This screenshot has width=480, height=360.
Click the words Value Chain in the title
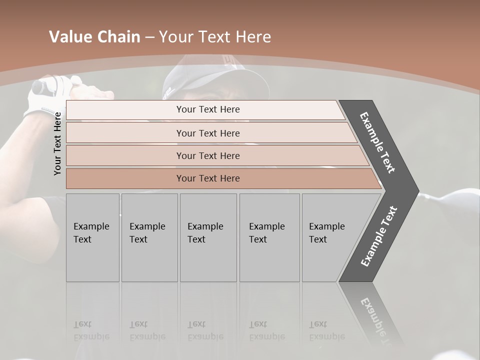(x=94, y=37)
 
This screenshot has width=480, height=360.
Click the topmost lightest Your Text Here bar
(x=207, y=109)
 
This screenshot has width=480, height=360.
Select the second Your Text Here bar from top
(x=207, y=133)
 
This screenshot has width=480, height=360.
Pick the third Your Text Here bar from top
(x=207, y=155)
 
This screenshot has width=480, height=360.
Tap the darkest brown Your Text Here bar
(x=207, y=178)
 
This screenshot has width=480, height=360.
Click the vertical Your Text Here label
(x=57, y=143)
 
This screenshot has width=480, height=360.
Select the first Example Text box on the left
(x=92, y=237)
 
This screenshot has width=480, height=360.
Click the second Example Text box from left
(x=149, y=237)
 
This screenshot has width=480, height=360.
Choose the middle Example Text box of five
(x=208, y=237)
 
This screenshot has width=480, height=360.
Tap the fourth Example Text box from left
(x=269, y=237)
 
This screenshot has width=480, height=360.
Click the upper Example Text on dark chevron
(x=377, y=143)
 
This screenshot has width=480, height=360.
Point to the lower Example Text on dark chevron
(x=379, y=236)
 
